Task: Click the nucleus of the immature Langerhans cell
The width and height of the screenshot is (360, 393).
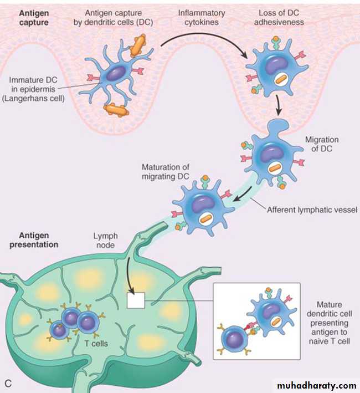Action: point(116,75)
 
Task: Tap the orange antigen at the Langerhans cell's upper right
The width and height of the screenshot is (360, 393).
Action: point(138,45)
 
